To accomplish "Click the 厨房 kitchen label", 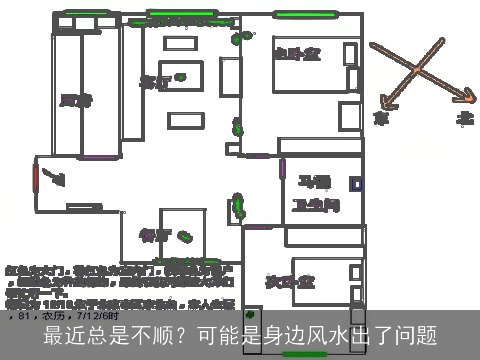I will coord(75,99).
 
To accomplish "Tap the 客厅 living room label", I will coord(155,81).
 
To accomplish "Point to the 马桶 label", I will coord(315,181).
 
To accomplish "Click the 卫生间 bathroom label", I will coord(315,204).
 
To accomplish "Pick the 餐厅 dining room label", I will coord(154,235).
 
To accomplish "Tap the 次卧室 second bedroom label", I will coord(285,281).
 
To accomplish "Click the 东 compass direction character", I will coord(380,118).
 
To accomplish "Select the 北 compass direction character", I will coord(465,118).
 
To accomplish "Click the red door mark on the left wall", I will coord(36,181).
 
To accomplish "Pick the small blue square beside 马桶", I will coord(355,184).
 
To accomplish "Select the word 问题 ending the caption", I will coord(417,335).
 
